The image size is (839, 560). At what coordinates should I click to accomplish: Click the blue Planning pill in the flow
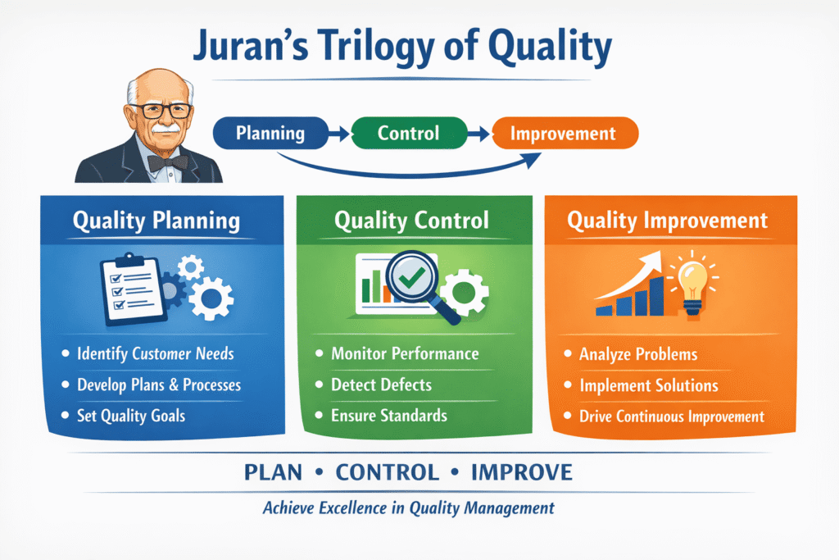(x=270, y=133)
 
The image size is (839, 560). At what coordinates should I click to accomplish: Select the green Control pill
(x=408, y=133)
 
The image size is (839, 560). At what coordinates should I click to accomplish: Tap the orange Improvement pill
(x=562, y=133)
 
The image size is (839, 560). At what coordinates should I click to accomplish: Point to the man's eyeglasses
(x=161, y=109)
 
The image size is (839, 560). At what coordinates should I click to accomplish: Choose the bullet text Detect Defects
(x=381, y=385)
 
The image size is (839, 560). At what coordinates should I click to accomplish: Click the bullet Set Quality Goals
(x=131, y=416)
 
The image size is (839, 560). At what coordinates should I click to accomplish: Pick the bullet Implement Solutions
(x=648, y=385)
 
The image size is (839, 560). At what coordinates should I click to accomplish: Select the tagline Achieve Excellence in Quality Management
(x=408, y=508)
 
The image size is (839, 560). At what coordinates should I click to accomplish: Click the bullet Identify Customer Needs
(x=155, y=354)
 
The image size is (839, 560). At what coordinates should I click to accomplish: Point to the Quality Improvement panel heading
(x=667, y=221)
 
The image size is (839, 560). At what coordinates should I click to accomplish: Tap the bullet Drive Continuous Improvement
(x=671, y=417)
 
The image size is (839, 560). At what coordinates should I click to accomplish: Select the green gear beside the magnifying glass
(x=464, y=289)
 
